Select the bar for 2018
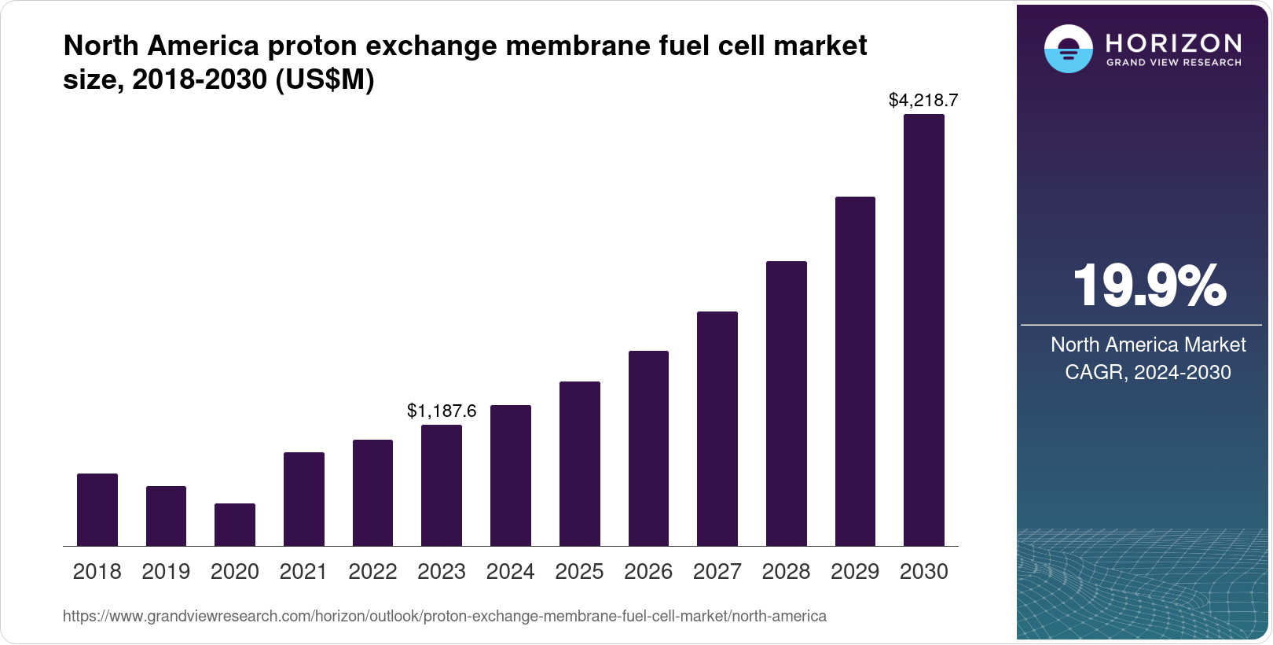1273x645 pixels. [97, 510]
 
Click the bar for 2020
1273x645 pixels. [235, 525]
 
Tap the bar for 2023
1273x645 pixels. [442, 485]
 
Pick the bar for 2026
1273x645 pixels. [648, 448]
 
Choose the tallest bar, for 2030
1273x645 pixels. [924, 330]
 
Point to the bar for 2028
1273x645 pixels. [787, 404]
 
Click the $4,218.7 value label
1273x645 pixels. [923, 100]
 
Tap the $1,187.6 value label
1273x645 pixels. [442, 411]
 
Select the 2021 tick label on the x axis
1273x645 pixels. [303, 572]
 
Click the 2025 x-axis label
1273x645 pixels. [579, 572]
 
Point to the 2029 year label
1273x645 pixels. [855, 572]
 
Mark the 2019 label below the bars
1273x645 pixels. [166, 572]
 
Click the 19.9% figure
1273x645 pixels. [1149, 286]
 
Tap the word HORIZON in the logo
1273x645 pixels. [1174, 43]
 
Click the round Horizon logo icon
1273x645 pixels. [1068, 50]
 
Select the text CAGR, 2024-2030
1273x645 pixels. [1148, 372]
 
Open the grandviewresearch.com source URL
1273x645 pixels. [445, 617]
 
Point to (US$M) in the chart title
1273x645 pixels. [325, 79]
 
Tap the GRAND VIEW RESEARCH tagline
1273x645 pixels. [1174, 63]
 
